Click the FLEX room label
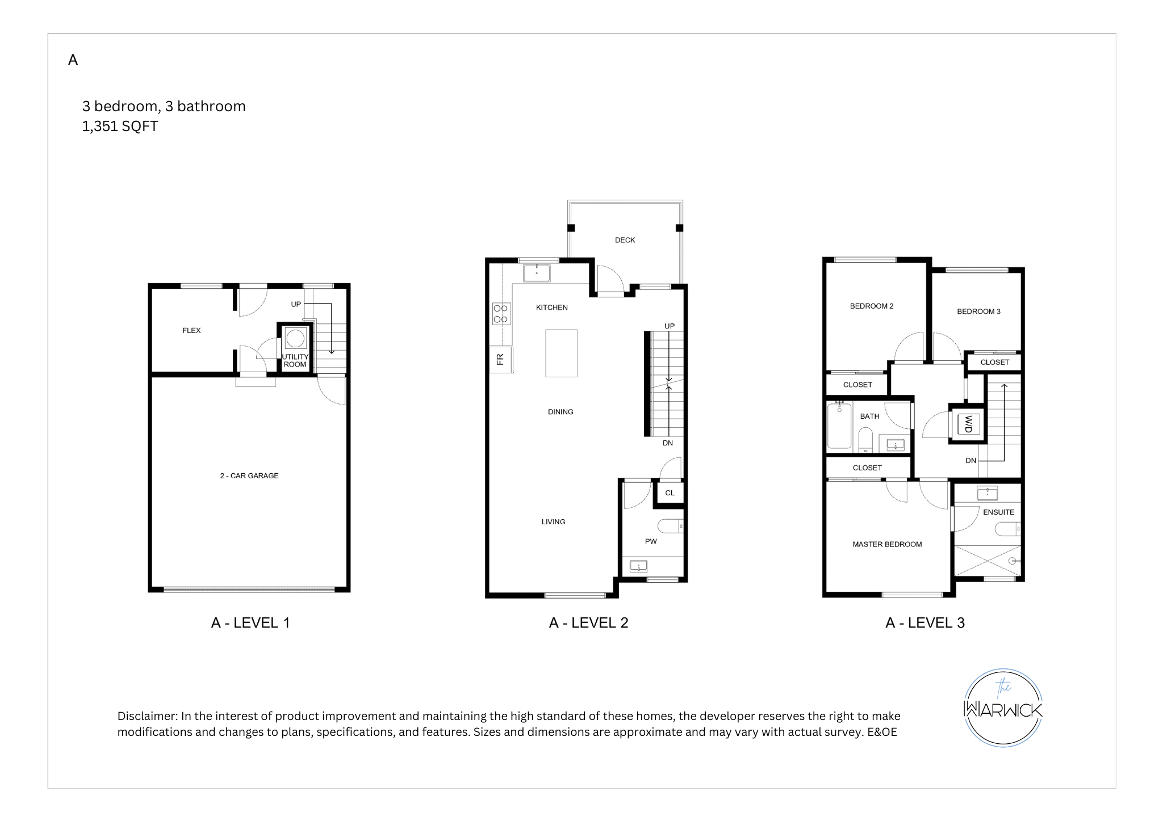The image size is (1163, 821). click(x=191, y=330)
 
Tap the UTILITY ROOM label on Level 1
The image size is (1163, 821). click(x=295, y=361)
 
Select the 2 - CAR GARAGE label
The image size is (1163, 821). click(x=249, y=475)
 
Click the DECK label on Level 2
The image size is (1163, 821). click(x=625, y=240)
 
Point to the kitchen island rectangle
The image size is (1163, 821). click(x=561, y=353)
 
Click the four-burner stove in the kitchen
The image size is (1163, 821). click(x=501, y=314)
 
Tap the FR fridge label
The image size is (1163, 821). click(x=500, y=359)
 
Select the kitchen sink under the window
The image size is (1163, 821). click(x=537, y=272)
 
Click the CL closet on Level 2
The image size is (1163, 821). click(x=670, y=492)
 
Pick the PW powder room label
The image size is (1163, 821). click(x=651, y=541)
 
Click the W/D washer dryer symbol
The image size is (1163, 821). click(x=968, y=424)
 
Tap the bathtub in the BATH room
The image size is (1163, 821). click(x=839, y=426)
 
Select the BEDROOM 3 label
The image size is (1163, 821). click(x=978, y=311)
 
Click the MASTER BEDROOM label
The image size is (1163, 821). click(x=887, y=544)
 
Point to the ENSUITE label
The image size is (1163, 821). click(x=998, y=512)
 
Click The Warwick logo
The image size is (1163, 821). click(x=1003, y=708)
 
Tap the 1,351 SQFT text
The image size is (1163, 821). click(x=120, y=126)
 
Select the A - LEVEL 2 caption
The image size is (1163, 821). click(x=588, y=622)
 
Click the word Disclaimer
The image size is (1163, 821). click(x=147, y=716)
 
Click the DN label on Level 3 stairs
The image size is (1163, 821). click(x=971, y=460)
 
